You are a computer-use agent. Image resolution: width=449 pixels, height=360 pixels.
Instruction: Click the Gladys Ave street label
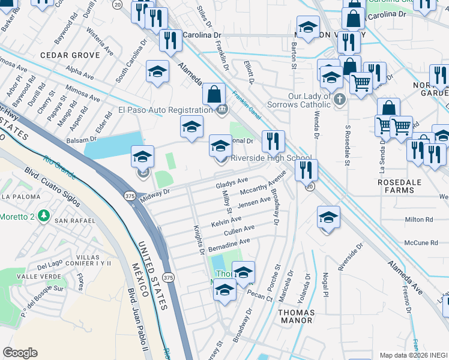[x=232, y=182]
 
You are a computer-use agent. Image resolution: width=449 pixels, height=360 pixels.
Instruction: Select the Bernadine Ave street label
[x=229, y=245]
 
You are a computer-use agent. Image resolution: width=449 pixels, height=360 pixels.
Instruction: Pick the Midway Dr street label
[x=155, y=193]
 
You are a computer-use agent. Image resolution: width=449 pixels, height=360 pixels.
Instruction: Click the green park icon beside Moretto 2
[x=43, y=215]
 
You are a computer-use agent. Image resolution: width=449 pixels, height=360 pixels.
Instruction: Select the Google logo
[x=20, y=353]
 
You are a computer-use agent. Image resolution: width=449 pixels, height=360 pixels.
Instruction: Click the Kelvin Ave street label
[x=226, y=222]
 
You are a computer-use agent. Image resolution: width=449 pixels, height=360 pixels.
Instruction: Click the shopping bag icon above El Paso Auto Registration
[x=214, y=94]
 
